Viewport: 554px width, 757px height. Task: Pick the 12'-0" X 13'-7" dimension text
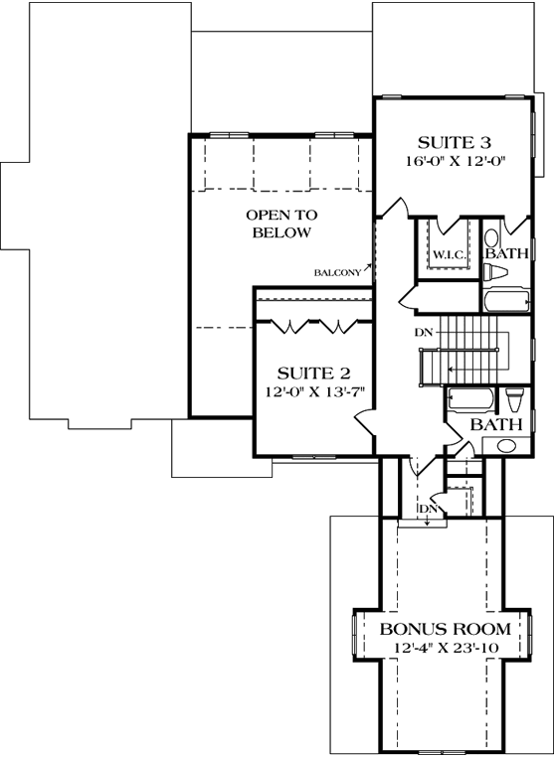315,392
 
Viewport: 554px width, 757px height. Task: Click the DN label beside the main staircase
424,332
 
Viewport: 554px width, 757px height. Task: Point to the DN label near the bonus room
428,510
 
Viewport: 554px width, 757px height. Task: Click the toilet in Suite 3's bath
491,240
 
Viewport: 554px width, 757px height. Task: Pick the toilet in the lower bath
513,399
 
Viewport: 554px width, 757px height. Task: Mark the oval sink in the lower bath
507,447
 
